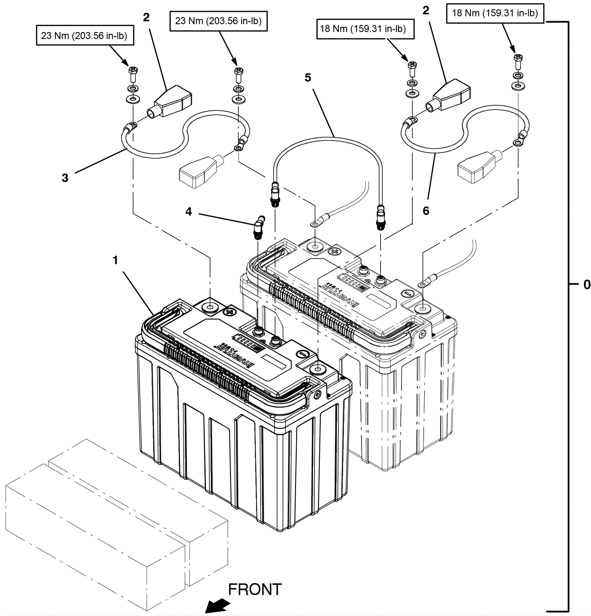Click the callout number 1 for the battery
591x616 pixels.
point(115,261)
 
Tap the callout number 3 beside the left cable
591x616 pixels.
point(65,178)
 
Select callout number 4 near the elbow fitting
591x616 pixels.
point(189,211)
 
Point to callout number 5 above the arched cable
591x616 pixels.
point(308,78)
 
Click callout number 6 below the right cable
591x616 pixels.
point(426,211)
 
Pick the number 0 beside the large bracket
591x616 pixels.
point(587,285)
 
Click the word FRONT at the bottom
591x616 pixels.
point(255,589)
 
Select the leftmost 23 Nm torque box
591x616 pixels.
point(85,35)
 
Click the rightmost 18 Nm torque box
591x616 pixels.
point(495,13)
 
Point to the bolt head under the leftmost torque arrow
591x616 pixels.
point(133,70)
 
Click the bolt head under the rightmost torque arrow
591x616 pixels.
point(518,58)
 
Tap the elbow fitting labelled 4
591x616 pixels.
point(259,224)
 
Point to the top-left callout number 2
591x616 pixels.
point(146,17)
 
